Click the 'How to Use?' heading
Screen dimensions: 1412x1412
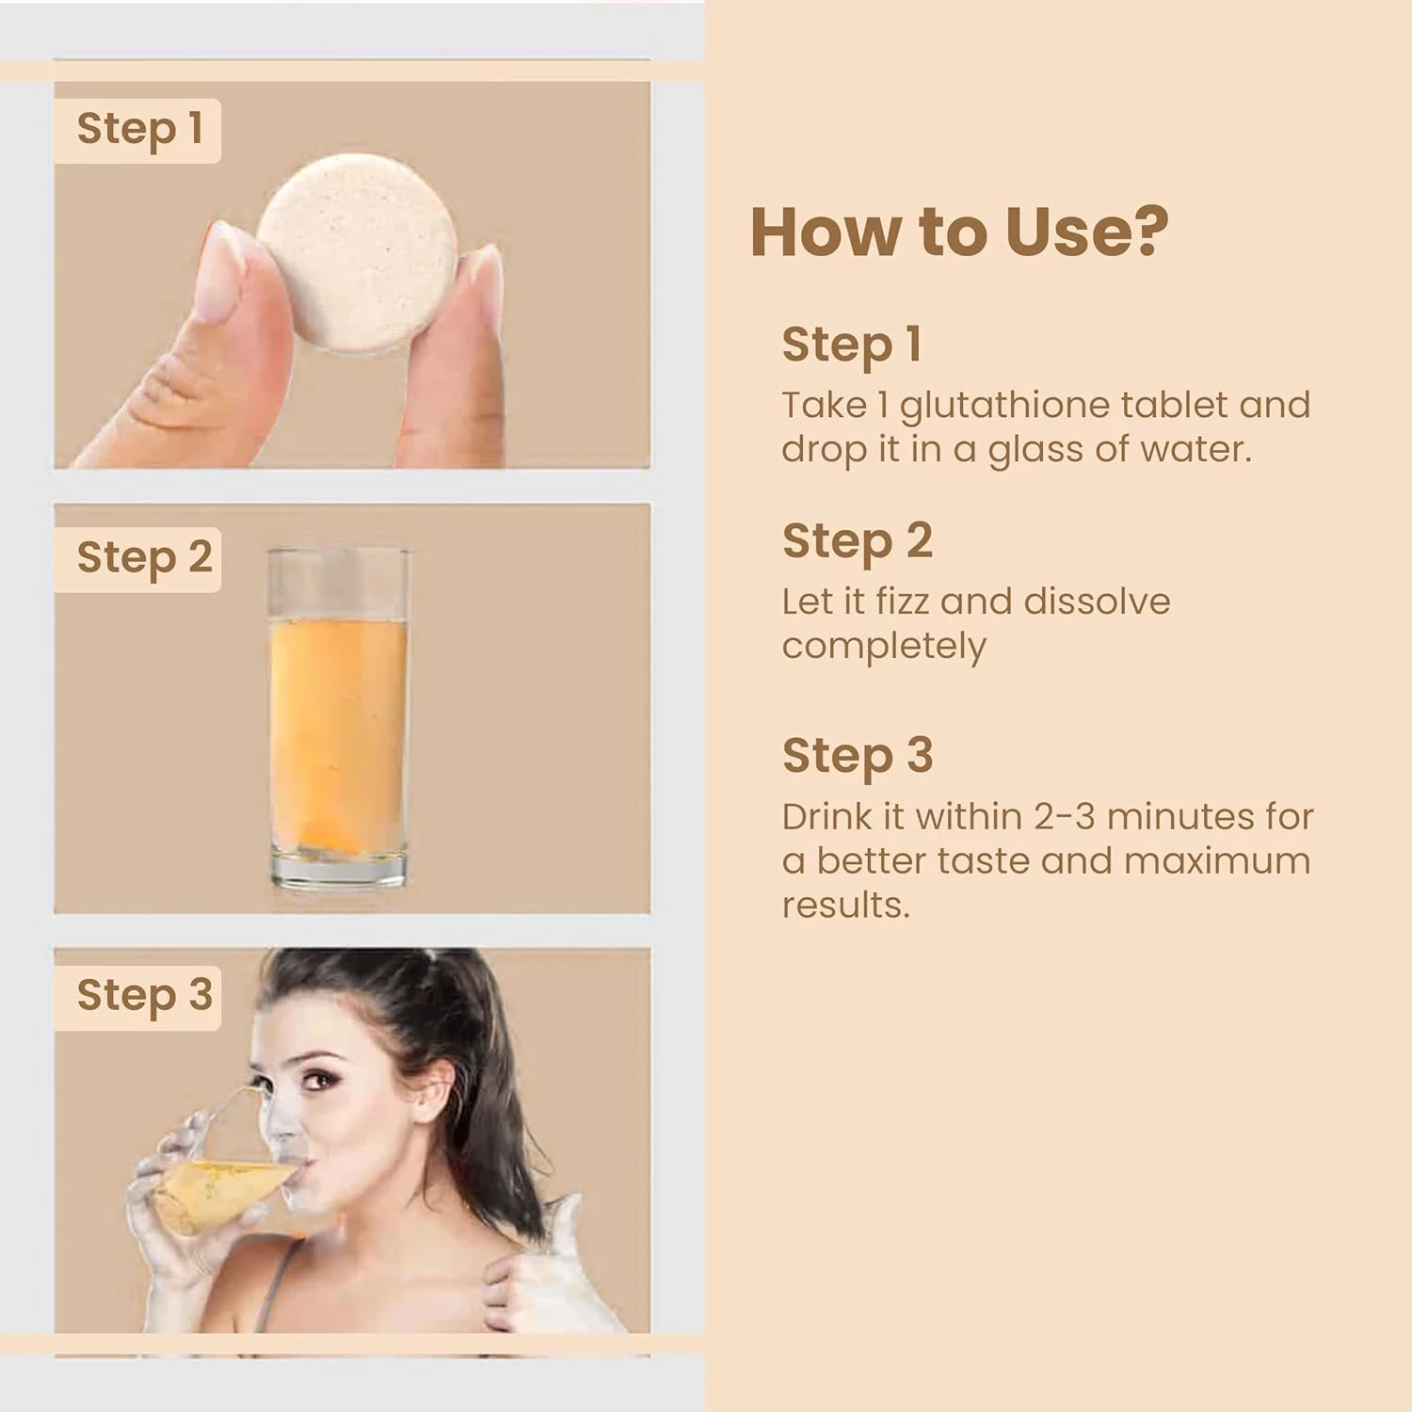959,232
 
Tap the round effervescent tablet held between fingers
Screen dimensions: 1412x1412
359,252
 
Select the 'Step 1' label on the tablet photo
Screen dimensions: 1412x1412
139,129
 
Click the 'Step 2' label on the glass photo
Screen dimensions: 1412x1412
144,558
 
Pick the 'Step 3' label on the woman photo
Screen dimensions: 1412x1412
144,996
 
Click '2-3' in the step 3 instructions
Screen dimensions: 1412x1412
1065,816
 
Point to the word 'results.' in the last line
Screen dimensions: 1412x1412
846,906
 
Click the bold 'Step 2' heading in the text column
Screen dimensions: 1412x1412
858,542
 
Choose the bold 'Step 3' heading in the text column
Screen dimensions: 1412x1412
858,757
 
